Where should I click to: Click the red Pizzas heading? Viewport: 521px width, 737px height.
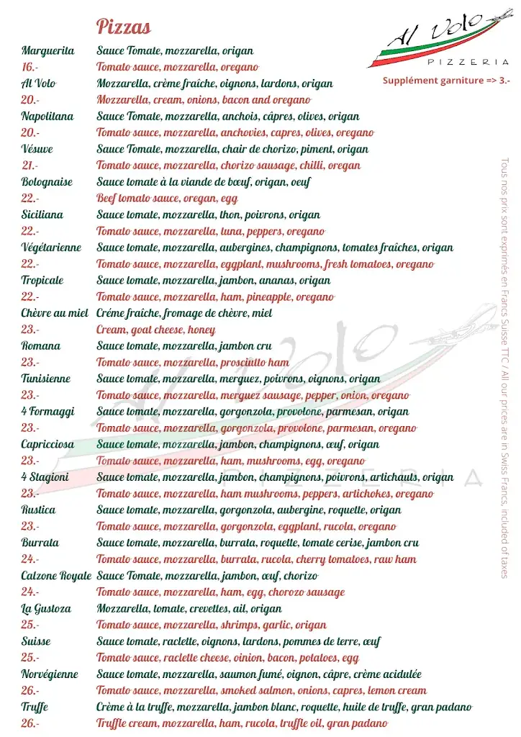pyautogui.click(x=124, y=27)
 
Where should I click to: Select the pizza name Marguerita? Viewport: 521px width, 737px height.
pyautogui.click(x=48, y=50)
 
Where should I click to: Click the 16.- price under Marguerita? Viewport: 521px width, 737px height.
pyautogui.click(x=30, y=67)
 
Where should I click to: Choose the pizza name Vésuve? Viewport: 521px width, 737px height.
pyautogui.click(x=37, y=149)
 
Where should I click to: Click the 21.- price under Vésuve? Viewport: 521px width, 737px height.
pyautogui.click(x=30, y=166)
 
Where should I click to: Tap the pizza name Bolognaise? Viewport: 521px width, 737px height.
pyautogui.click(x=47, y=182)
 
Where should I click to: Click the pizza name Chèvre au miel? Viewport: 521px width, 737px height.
pyautogui.click(x=55, y=313)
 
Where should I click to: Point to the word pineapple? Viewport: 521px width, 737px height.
pyautogui.click(x=268, y=297)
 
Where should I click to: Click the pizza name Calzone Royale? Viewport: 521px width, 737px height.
pyautogui.click(x=56, y=576)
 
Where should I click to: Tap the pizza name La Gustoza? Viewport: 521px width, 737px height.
pyautogui.click(x=46, y=608)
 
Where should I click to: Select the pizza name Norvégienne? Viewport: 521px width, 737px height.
pyautogui.click(x=50, y=674)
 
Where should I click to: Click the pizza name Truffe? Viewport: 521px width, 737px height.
pyautogui.click(x=35, y=707)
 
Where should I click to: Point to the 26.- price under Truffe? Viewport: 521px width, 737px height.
pyautogui.click(x=30, y=723)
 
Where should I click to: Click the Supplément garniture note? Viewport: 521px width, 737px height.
pyautogui.click(x=446, y=81)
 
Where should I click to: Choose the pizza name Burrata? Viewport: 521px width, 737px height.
pyautogui.click(x=40, y=543)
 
